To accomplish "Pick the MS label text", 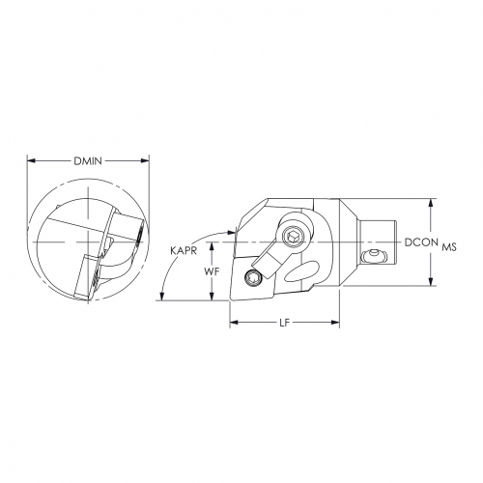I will [449, 246].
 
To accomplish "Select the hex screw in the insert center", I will [253, 280].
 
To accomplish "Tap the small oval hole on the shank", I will [374, 256].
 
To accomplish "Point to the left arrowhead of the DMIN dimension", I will [31, 160].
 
